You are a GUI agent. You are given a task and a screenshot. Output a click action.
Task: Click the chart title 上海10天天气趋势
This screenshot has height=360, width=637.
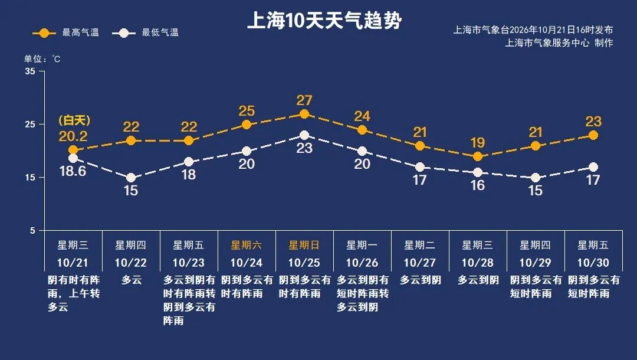coord(324,20)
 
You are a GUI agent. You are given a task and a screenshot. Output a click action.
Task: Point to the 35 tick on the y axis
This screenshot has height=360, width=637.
coord(30,71)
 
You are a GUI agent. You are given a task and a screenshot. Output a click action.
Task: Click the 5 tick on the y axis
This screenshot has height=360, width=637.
coord(32,230)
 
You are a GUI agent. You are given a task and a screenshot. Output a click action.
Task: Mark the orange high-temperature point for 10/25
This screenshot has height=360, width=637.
coord(304,114)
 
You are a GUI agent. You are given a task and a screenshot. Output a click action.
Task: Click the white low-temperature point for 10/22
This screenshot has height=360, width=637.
coord(131,178)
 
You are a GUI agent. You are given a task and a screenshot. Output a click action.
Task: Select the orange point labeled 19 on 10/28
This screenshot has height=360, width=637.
coord(478,156)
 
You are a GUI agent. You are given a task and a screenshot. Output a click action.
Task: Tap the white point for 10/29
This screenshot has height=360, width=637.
coord(536,178)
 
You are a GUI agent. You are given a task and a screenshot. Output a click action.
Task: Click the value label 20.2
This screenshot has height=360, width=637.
coord(73,136)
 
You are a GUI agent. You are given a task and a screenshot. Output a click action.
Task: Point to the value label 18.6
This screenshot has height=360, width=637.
coord(73,171)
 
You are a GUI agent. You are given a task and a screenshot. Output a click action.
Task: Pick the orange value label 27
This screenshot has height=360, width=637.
coord(304,100)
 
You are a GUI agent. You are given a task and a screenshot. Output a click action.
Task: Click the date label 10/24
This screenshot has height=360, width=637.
coord(247,263)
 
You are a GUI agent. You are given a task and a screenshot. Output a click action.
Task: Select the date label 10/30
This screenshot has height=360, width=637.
coord(593,263)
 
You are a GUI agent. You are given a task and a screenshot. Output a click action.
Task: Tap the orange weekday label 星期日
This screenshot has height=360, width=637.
coord(304,245)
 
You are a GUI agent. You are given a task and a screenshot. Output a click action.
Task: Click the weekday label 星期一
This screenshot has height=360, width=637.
coord(362,245)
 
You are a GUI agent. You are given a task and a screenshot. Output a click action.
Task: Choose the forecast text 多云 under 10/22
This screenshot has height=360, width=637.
coord(131,280)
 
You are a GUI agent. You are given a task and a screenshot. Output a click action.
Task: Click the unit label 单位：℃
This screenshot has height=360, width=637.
coord(42,60)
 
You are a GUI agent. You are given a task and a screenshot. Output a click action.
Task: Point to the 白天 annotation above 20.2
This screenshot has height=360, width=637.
coord(74,120)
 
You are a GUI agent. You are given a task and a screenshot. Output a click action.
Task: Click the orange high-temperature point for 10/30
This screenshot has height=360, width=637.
coord(593,135)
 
